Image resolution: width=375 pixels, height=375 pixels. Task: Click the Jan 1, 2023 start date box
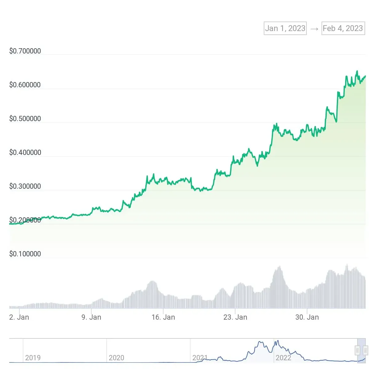click(285, 28)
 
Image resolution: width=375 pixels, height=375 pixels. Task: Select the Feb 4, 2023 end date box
click(343, 28)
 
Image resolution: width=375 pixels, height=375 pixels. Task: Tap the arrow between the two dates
click(314, 29)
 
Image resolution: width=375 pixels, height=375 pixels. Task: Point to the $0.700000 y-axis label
click(25, 51)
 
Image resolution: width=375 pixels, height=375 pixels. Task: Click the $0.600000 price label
click(25, 85)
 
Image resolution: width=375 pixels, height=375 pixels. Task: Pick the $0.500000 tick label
click(25, 119)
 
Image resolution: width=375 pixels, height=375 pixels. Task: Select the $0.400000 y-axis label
click(25, 152)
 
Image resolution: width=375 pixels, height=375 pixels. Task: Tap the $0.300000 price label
click(25, 186)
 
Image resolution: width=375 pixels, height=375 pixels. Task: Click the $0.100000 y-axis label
click(25, 254)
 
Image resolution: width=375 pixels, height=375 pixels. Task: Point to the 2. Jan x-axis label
click(19, 317)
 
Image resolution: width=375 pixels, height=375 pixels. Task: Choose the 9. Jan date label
click(91, 317)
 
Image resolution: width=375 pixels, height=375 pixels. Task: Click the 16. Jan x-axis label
click(163, 317)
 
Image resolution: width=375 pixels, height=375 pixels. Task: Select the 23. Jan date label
click(235, 317)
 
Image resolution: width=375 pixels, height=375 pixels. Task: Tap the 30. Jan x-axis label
click(307, 317)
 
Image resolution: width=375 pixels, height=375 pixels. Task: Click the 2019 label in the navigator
click(33, 358)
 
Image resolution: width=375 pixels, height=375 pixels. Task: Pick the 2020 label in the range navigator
click(116, 358)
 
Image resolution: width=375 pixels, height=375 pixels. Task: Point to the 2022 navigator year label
click(283, 358)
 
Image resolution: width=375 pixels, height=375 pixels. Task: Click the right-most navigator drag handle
click(365, 350)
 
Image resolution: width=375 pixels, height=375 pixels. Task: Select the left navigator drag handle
click(357, 350)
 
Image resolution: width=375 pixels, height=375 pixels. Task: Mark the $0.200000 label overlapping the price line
click(25, 220)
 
